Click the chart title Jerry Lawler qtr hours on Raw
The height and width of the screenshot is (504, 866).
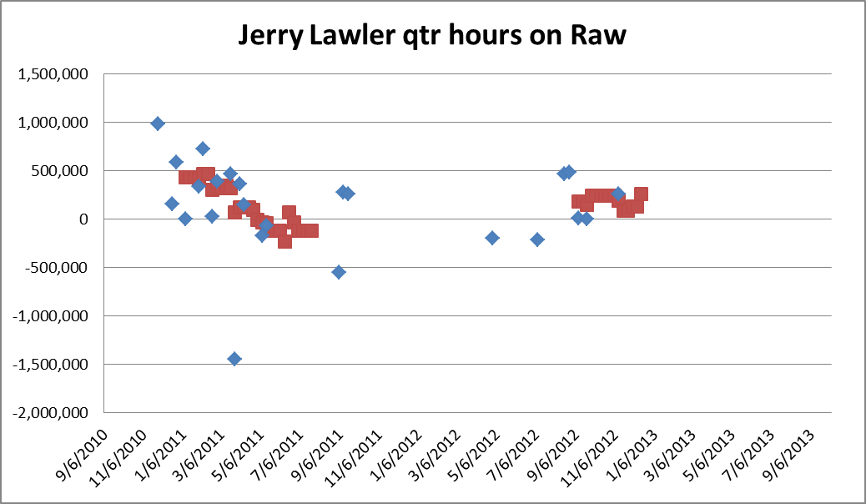(x=432, y=35)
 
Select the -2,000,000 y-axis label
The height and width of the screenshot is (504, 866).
(x=53, y=413)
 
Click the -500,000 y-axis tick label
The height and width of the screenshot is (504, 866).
(x=58, y=268)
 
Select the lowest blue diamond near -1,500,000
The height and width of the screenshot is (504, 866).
(x=234, y=359)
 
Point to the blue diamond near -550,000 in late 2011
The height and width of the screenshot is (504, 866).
(x=339, y=272)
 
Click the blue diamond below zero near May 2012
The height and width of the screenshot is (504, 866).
(x=492, y=238)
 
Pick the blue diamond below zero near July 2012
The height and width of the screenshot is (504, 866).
(x=537, y=239)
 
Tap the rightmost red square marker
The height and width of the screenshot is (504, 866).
(x=641, y=194)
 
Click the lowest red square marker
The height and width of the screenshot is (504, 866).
(x=284, y=241)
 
